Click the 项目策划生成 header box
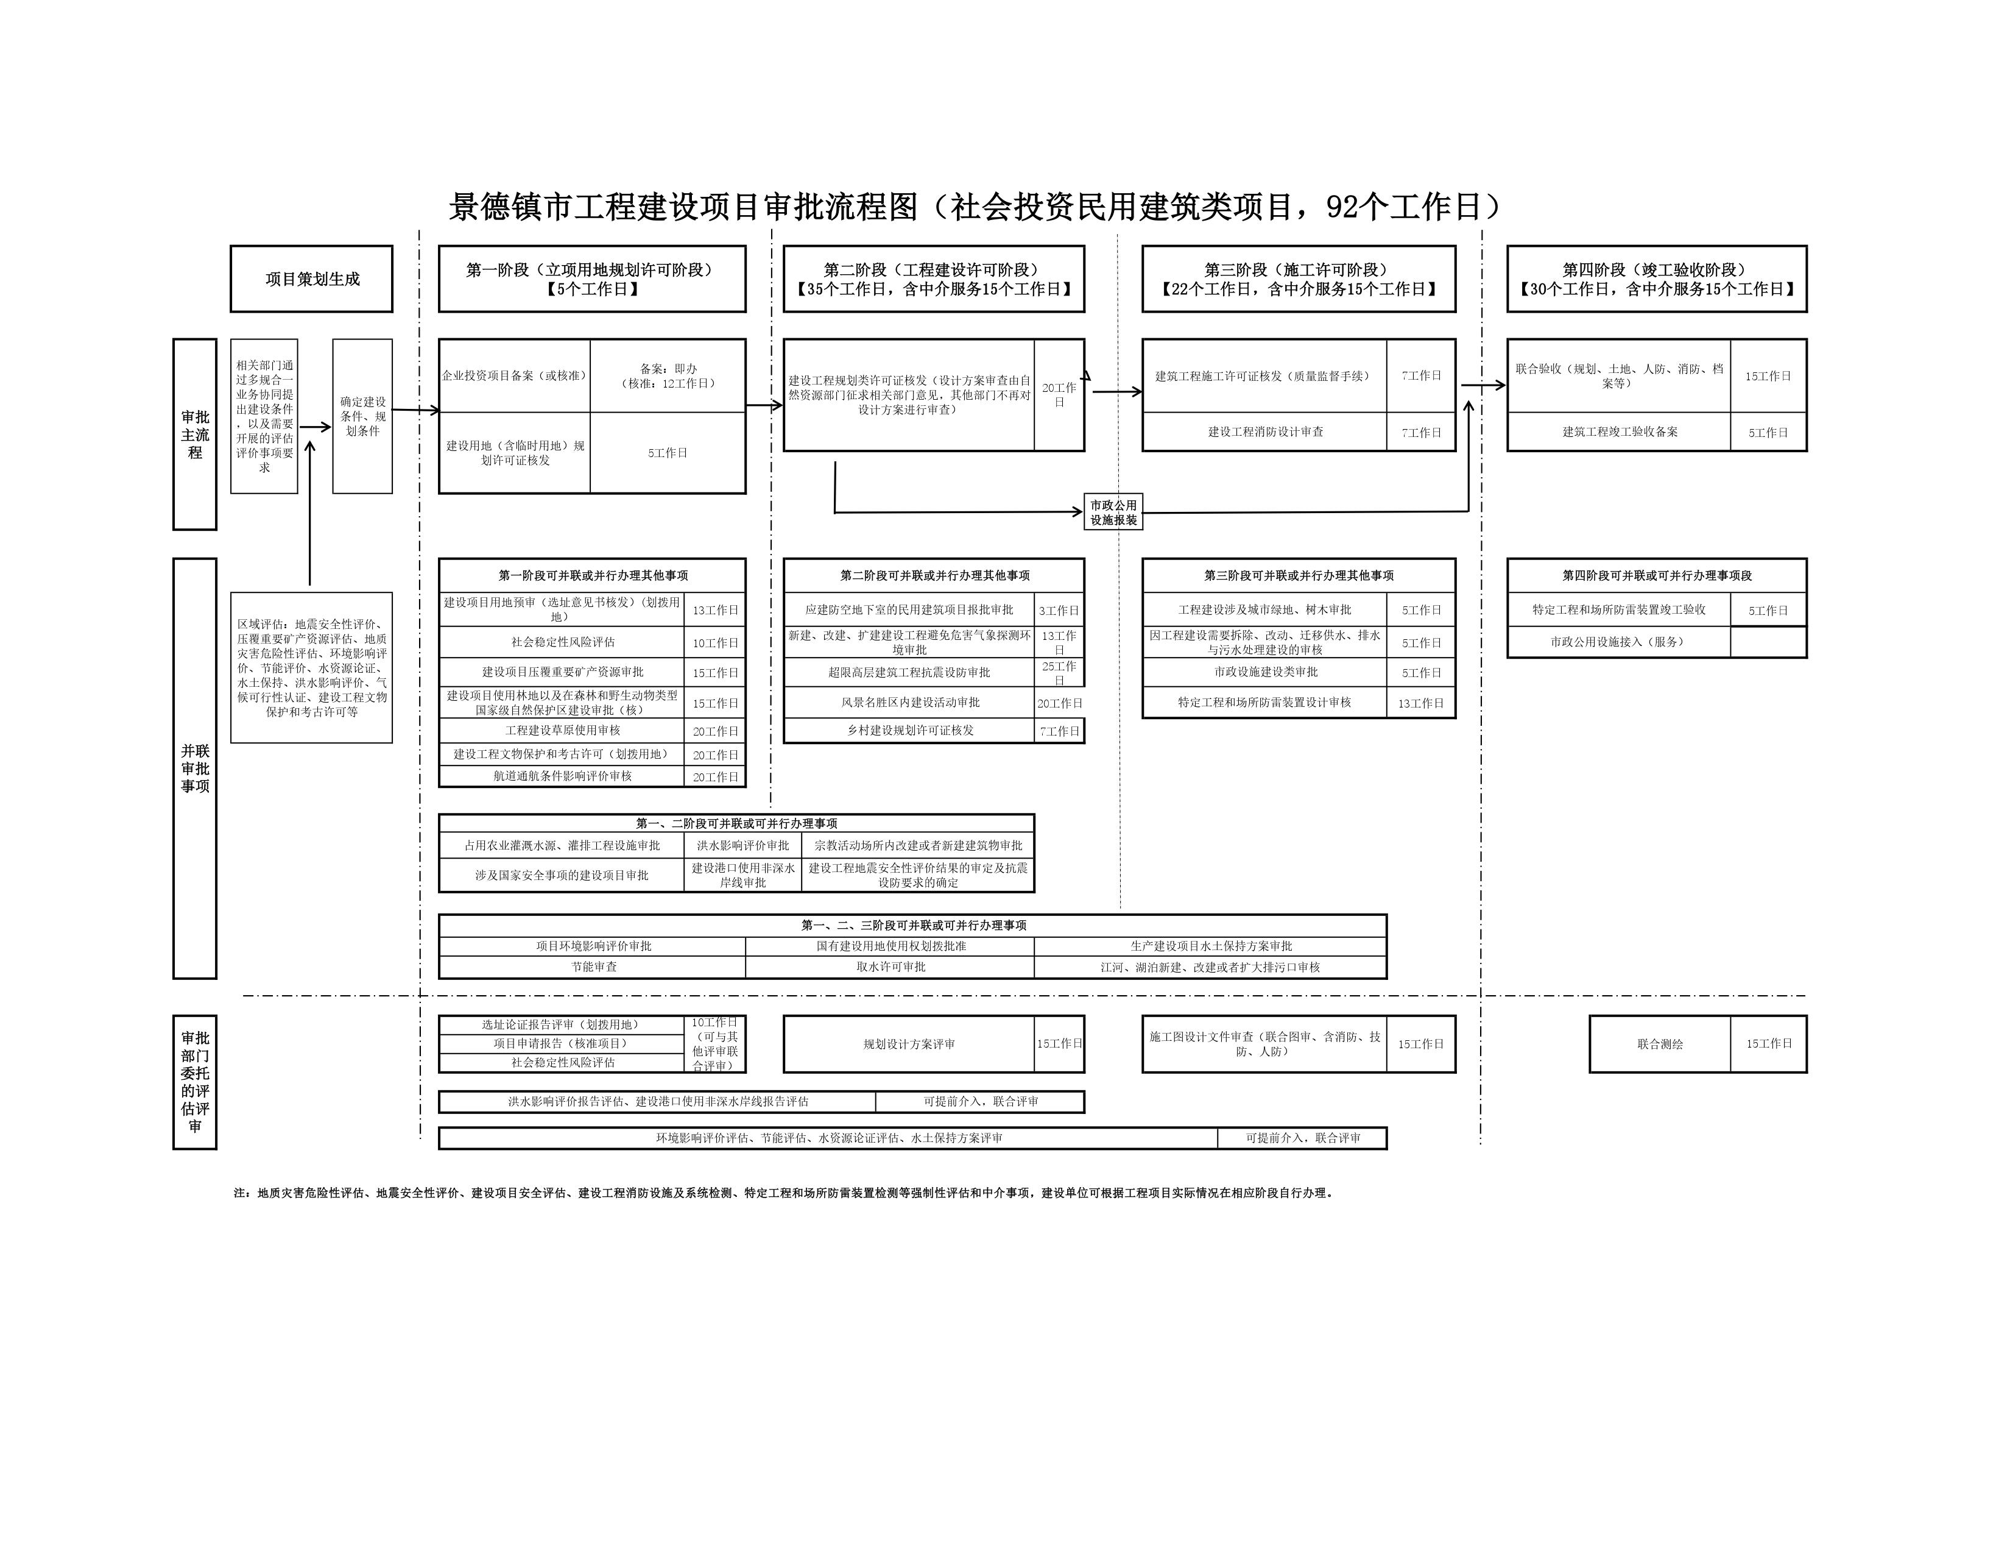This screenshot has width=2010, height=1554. click(x=311, y=279)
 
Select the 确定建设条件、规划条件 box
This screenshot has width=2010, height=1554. click(x=362, y=416)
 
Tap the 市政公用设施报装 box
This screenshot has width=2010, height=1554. click(x=1113, y=512)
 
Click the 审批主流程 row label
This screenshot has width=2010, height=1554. click(x=195, y=435)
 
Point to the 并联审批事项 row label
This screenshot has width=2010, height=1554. click(x=195, y=768)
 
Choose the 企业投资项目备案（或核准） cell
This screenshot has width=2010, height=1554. click(x=515, y=375)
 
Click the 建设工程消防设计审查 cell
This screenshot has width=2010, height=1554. click(x=1264, y=432)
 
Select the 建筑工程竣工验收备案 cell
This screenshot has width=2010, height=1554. click(x=1619, y=432)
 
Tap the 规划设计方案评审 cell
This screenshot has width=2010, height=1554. click(x=908, y=1044)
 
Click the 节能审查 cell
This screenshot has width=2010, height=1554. click(x=594, y=967)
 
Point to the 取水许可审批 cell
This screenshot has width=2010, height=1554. click(x=890, y=967)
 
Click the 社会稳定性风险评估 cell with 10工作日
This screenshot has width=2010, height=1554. click(x=562, y=642)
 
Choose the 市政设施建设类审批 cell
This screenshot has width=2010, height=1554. click(x=1264, y=672)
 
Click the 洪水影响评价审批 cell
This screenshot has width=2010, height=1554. click(x=742, y=845)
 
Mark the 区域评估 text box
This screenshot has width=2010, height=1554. click(x=311, y=667)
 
